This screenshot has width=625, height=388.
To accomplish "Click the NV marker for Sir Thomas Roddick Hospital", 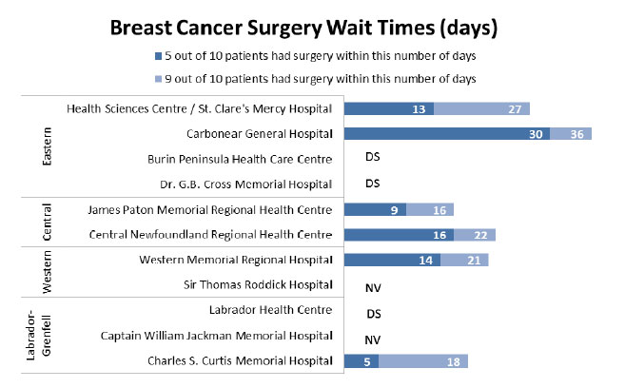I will point(373,285).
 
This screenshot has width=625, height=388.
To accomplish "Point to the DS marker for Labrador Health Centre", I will point(373,311).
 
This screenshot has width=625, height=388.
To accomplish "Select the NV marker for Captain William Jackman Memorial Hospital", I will point(373,337).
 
